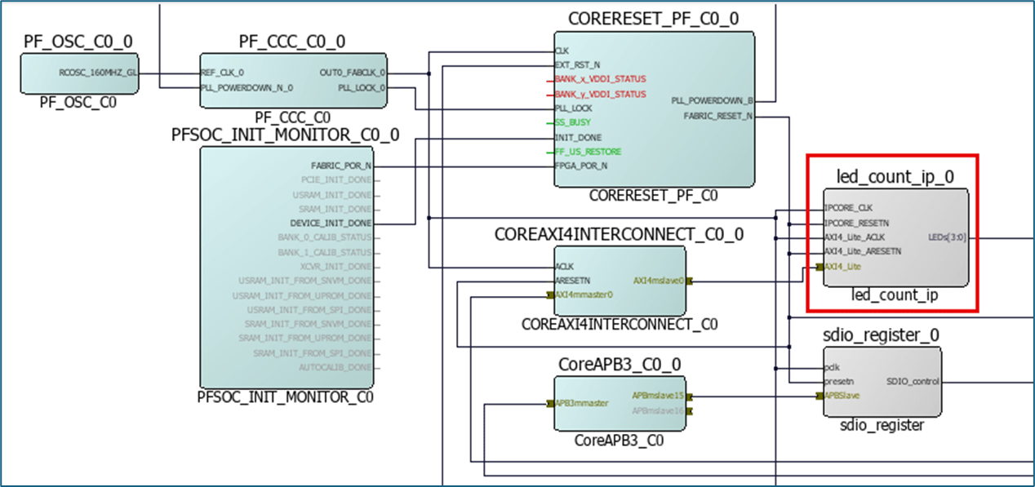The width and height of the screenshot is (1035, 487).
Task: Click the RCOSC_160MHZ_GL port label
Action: click(x=98, y=73)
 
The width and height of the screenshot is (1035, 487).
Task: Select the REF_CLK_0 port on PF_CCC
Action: click(x=222, y=73)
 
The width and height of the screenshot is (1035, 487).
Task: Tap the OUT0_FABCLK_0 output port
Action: click(x=353, y=73)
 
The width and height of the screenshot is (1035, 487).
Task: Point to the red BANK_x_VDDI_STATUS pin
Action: click(x=600, y=79)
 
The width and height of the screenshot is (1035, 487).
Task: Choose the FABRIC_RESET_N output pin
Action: click(x=717, y=116)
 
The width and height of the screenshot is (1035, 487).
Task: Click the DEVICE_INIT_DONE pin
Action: click(x=331, y=223)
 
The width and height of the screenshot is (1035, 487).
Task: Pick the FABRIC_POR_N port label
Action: click(x=341, y=166)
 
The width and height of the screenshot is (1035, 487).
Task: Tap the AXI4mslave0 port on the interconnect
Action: click(x=658, y=281)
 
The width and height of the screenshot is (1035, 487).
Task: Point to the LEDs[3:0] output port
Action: click(x=947, y=237)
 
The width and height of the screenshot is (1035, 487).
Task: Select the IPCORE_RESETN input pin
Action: click(x=855, y=222)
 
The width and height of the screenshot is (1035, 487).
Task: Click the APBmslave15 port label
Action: click(x=658, y=396)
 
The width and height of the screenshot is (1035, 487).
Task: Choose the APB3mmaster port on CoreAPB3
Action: click(x=581, y=403)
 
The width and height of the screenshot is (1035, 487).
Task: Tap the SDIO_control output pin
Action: click(x=913, y=381)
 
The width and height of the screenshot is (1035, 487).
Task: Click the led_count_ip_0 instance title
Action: click(x=895, y=176)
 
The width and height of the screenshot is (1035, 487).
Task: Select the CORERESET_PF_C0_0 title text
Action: click(x=653, y=19)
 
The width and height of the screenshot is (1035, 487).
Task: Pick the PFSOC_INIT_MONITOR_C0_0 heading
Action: click(x=285, y=135)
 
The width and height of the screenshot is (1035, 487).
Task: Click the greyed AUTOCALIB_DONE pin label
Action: click(x=335, y=367)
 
